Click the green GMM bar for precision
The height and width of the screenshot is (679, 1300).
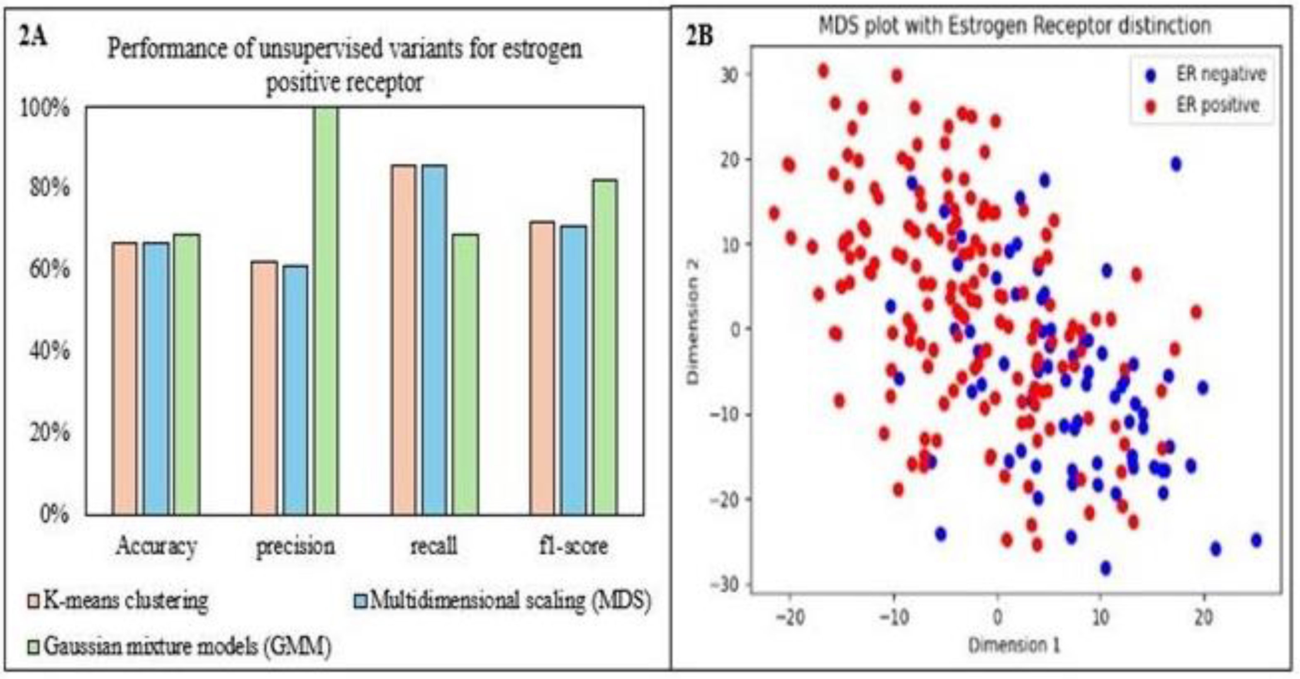(x=326, y=310)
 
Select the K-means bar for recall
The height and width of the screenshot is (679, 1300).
(x=403, y=339)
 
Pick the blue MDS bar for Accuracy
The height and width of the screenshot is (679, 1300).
(x=156, y=378)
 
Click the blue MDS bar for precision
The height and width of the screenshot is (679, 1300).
(x=295, y=390)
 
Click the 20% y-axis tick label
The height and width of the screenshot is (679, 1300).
(x=49, y=433)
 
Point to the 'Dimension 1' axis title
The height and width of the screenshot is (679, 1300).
(x=1014, y=646)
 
